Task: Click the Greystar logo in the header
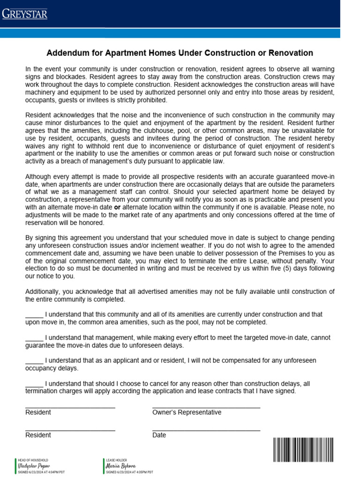(25, 14)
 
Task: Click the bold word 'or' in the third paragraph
(117, 207)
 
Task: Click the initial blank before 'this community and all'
(34, 314)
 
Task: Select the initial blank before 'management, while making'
(34, 337)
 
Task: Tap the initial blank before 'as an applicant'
(34, 360)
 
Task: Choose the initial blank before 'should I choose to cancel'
(34, 383)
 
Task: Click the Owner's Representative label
(187, 412)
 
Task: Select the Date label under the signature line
(159, 435)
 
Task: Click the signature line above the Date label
(206, 430)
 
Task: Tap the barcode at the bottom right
(303, 450)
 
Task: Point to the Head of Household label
(33, 460)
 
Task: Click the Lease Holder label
(116, 460)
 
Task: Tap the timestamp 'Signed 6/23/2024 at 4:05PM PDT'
(129, 472)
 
